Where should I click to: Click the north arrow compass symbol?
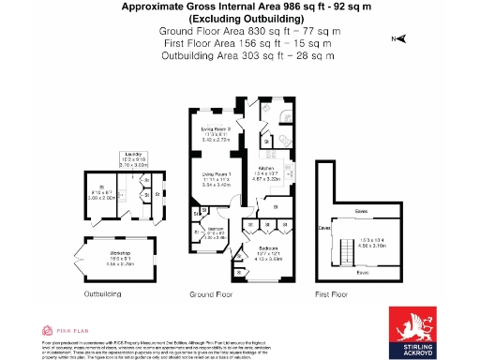point(399,39)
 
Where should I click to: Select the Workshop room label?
point(118,253)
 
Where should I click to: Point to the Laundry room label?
point(132,156)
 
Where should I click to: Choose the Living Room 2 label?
point(217,129)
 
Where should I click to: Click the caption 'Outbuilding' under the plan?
point(102,293)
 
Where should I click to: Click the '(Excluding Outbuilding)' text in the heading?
point(240,20)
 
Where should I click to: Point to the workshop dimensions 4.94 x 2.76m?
point(118,265)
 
